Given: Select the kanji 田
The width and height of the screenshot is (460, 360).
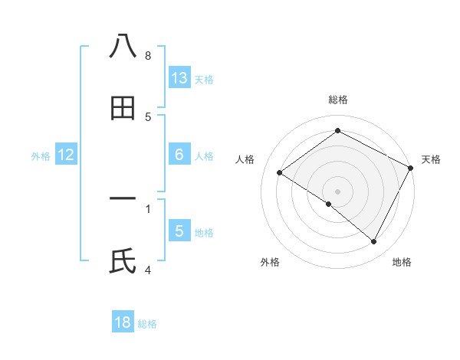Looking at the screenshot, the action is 123,108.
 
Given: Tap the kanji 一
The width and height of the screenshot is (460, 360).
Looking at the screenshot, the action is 123,198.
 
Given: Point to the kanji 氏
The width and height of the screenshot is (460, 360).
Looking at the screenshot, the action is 123,261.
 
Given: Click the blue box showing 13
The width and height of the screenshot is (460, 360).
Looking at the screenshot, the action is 179,78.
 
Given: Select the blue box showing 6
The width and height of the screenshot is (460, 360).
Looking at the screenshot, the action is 179,155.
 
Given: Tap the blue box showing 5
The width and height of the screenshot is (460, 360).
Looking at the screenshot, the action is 179,231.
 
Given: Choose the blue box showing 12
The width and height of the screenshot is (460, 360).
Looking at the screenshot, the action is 66,155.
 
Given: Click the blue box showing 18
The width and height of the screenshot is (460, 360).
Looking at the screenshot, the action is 123,322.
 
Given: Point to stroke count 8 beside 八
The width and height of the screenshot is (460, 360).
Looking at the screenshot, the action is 148,56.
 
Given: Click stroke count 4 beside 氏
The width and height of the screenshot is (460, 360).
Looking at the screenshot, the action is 148,270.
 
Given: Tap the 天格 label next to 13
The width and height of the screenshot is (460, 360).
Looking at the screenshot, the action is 204,80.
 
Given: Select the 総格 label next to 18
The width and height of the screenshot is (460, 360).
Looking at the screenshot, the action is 147,324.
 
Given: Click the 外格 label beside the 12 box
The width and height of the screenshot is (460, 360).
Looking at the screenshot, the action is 41,156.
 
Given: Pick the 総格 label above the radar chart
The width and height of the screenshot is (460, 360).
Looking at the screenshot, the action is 337,100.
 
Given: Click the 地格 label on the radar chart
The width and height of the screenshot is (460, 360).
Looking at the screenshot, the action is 402,263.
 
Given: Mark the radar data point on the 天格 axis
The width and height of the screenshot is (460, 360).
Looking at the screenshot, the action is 410,168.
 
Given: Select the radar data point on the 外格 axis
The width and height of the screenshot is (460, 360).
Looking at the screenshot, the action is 329,204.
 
